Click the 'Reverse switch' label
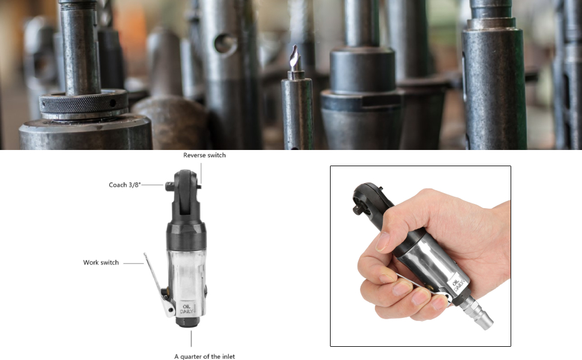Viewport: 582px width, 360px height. pos(204,155)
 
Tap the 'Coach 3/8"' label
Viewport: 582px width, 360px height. pos(125,185)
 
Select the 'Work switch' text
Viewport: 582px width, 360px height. pos(101,262)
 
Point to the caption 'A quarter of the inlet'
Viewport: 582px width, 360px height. pos(205,356)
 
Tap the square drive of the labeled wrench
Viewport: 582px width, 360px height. pos(169,187)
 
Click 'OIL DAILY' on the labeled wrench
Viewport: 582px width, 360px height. pos(187,309)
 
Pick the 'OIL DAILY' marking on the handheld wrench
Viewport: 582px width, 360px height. pos(458,284)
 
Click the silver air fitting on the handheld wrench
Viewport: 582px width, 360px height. pos(478,313)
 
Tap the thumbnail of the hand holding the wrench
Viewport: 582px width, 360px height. pos(421,256)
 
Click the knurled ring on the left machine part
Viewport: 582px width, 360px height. pos(84,103)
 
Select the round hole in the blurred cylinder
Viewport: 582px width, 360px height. pos(225,44)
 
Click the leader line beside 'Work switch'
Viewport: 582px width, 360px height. pos(133,263)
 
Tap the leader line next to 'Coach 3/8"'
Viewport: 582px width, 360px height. pos(152,184)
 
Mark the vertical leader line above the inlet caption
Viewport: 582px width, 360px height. pos(191,338)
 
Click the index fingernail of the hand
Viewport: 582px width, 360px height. pos(382,242)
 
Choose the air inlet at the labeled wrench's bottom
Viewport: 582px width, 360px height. pos(188,322)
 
